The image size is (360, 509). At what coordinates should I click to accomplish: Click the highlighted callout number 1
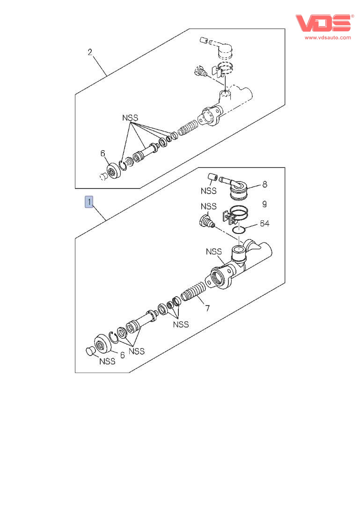click(89, 202)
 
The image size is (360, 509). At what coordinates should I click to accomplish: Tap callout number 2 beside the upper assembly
click(90, 52)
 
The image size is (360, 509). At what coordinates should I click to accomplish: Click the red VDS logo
click(323, 23)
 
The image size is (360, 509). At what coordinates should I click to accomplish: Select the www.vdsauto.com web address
click(328, 37)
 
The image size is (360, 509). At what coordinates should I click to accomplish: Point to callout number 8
click(265, 184)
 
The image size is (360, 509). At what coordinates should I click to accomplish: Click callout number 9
click(264, 204)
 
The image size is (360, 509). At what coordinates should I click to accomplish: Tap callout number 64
click(264, 224)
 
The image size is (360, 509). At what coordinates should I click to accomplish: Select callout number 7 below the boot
click(207, 308)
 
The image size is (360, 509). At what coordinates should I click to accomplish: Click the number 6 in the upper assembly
click(103, 153)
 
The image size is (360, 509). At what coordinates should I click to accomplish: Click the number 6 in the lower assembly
click(123, 355)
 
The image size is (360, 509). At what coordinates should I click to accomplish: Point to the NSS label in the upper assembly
click(130, 118)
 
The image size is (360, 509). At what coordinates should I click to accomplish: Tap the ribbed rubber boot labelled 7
click(194, 291)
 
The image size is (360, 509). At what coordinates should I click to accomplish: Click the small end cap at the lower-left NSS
click(90, 351)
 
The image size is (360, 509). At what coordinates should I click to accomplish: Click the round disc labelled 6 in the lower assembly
click(103, 343)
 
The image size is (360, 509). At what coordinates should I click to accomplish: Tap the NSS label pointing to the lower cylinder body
click(214, 252)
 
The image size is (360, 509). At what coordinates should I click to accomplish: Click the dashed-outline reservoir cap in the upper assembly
click(225, 51)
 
